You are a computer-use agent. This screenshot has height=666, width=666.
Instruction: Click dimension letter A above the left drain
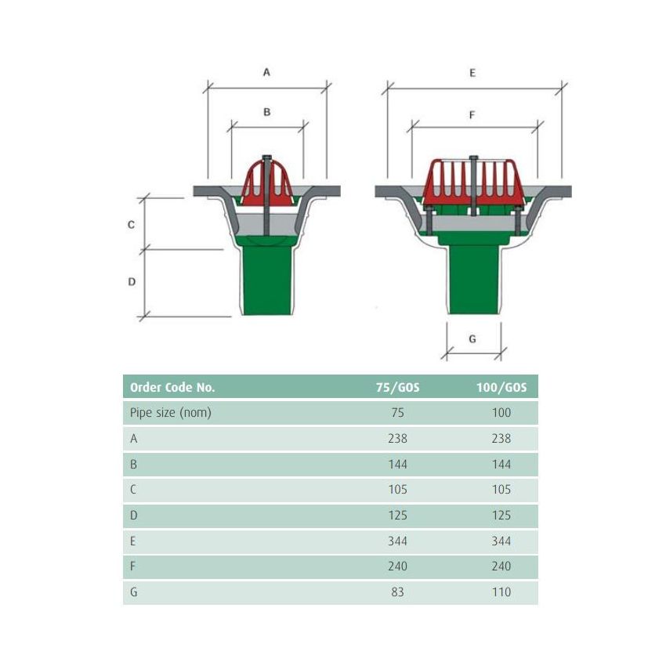pyautogui.click(x=266, y=72)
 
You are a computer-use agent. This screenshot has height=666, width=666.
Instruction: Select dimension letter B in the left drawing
pyautogui.click(x=266, y=112)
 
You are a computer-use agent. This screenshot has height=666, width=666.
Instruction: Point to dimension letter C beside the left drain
pyautogui.click(x=132, y=225)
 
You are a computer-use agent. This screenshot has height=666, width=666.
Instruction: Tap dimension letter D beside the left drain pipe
pyautogui.click(x=132, y=281)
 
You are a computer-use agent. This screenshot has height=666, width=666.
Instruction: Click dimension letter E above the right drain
pyautogui.click(x=472, y=73)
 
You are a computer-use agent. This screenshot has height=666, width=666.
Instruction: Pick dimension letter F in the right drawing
pyautogui.click(x=472, y=114)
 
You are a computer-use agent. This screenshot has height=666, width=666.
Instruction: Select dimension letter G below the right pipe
pyautogui.click(x=472, y=339)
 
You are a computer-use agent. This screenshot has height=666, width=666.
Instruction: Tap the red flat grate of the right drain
pyautogui.click(x=472, y=182)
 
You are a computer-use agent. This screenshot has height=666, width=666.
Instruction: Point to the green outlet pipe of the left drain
pyautogui.click(x=266, y=282)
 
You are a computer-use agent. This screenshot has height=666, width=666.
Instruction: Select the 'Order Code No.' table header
pyautogui.click(x=172, y=387)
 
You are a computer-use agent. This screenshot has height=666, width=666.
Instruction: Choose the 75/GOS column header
pyautogui.click(x=397, y=387)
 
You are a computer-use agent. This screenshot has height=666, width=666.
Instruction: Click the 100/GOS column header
pyautogui.click(x=501, y=387)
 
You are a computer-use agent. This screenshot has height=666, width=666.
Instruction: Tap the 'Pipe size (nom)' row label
pyautogui.click(x=170, y=413)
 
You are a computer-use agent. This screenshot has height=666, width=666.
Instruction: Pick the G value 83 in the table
pyautogui.click(x=397, y=592)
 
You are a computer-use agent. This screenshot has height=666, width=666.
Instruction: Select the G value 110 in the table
pyautogui.click(x=501, y=592)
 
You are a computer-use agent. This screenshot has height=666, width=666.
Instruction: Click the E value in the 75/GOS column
pyautogui.click(x=397, y=541)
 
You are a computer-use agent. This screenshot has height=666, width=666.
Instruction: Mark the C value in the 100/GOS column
pyautogui.click(x=501, y=490)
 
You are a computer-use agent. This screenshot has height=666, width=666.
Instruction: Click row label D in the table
pyautogui.click(x=134, y=516)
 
